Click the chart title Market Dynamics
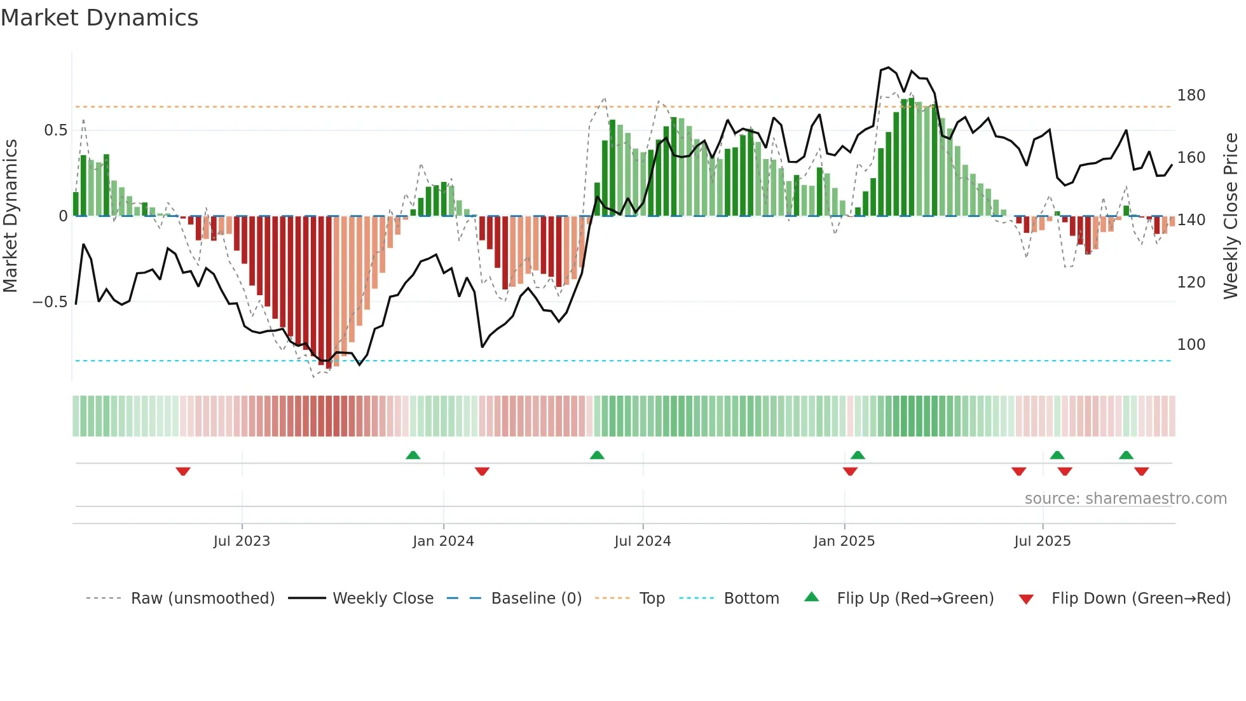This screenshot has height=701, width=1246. coord(99,18)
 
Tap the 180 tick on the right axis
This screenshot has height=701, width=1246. coord(1191,95)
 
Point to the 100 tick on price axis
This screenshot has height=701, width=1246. coord(1191,345)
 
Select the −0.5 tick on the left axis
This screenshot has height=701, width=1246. coord(50,302)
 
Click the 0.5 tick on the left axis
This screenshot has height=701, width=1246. coord(55,130)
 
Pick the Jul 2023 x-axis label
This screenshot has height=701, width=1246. coord(242,541)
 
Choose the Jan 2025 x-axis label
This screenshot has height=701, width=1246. coord(844,541)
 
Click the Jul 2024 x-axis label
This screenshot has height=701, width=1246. coord(642,541)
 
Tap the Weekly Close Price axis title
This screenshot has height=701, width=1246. coord(1231,216)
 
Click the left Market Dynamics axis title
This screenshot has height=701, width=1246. coord(10,216)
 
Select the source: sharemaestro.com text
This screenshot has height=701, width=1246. coord(1125,499)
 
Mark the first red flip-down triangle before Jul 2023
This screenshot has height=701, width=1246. coord(183,471)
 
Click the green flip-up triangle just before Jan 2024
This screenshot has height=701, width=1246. coord(413,455)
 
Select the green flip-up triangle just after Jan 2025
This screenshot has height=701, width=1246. coord(858,455)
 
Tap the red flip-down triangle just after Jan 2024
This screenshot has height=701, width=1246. coord(482,471)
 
